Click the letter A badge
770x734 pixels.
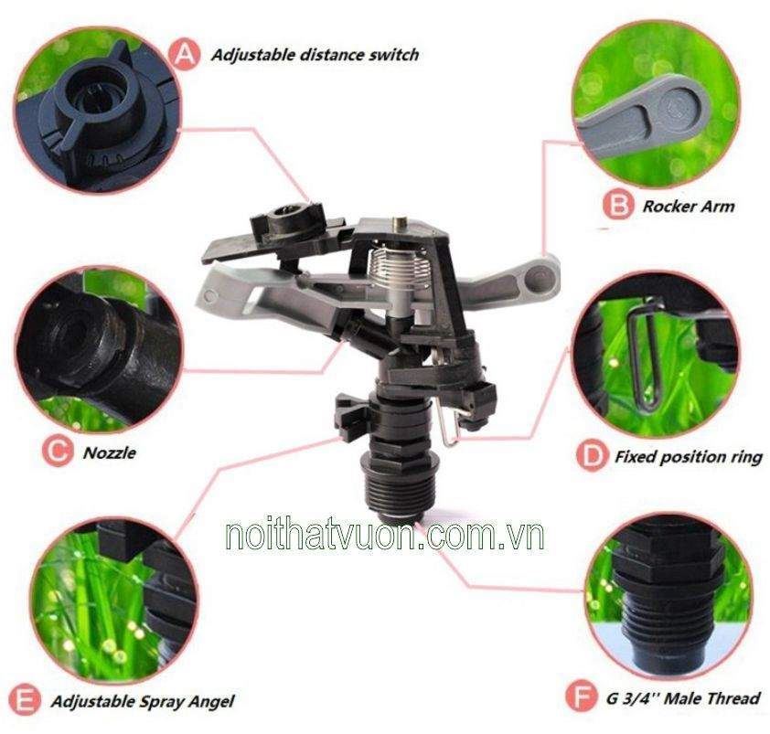pos(184,55)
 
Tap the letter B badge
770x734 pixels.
pos(618,205)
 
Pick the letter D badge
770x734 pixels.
pos(593,456)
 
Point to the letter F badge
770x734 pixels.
pos(582,697)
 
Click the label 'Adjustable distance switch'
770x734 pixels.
pos(315,55)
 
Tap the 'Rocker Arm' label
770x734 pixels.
pos(689,207)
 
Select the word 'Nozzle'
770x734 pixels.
pos(109,452)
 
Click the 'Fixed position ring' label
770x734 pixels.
pos(689,457)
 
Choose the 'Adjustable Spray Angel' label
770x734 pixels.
pos(143,701)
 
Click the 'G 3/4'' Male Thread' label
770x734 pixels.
pos(683,697)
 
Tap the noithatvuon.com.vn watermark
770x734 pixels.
pos(384,537)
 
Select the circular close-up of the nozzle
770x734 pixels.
pos(99,349)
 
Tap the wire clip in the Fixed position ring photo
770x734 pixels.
pos(643,354)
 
